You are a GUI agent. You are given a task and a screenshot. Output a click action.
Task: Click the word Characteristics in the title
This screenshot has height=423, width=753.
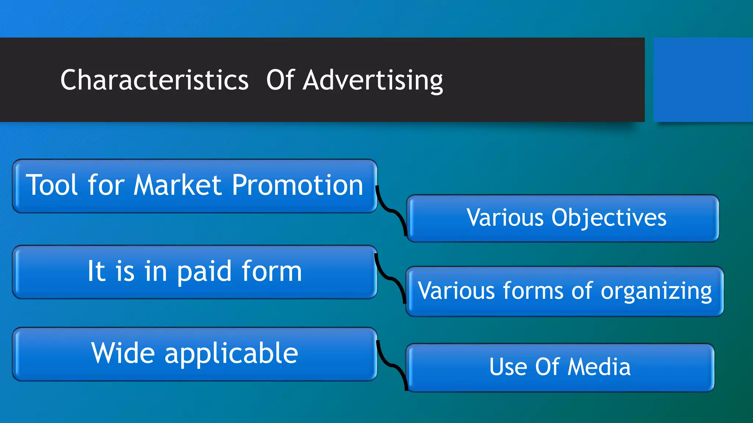[x=154, y=80]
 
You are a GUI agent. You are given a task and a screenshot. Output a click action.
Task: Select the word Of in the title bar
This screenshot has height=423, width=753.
[x=280, y=80]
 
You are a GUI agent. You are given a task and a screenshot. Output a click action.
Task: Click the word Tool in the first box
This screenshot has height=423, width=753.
[x=52, y=185]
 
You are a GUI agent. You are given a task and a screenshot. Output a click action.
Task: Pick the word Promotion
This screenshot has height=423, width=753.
[x=297, y=185]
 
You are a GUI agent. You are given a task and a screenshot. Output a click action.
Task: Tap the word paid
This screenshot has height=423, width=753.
[x=205, y=272]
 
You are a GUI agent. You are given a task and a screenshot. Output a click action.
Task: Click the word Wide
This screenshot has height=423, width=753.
[x=123, y=353]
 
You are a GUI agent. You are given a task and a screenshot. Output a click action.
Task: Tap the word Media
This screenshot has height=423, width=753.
[x=599, y=367]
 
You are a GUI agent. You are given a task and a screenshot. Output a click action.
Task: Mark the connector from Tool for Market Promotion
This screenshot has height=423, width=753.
[x=392, y=211]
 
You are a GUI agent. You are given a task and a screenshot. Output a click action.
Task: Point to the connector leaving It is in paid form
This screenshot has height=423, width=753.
[x=391, y=279]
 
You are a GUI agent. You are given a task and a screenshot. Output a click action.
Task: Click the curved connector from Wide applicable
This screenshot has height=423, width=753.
[x=392, y=365]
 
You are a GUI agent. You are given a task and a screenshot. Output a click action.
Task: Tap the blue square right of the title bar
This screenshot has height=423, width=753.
[x=703, y=79]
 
